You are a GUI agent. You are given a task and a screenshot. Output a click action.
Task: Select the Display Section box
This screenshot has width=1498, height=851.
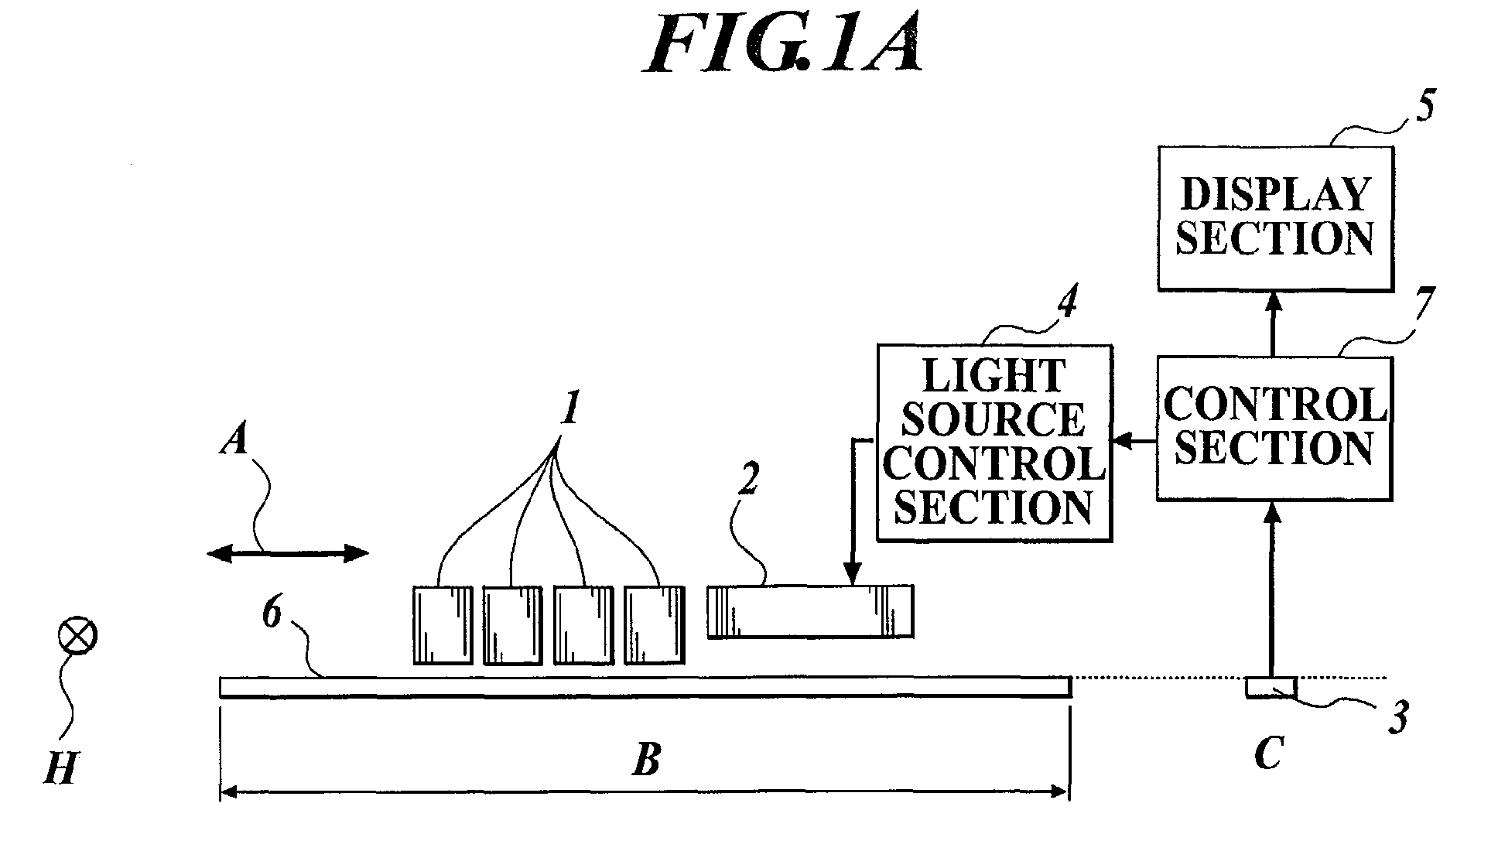[x=1275, y=219]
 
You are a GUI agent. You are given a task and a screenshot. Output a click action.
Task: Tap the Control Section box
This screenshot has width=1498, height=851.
[x=1274, y=429]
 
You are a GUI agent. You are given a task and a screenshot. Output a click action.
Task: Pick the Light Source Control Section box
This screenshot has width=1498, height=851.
[x=994, y=443]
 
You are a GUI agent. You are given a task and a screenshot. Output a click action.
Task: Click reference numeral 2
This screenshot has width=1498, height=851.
[x=748, y=481]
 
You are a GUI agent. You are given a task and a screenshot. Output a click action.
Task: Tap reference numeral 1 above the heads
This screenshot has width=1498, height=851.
[x=570, y=408]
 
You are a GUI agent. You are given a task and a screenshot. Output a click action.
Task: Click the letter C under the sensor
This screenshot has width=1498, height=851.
[x=1269, y=752]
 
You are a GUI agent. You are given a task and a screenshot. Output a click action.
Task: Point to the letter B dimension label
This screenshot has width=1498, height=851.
[x=646, y=760]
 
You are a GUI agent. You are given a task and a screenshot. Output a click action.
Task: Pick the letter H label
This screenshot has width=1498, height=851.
[x=60, y=768]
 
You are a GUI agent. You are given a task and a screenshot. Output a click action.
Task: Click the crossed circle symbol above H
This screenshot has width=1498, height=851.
[x=78, y=637]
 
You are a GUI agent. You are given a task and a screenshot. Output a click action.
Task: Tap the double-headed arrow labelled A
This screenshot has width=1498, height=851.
[x=287, y=553]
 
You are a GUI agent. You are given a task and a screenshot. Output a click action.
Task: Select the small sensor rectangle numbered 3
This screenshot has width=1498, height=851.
[x=1271, y=688]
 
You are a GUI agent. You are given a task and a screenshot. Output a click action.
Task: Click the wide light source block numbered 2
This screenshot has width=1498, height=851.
[x=810, y=611]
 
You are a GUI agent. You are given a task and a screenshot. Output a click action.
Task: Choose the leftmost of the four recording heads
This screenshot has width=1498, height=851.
[x=442, y=625]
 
